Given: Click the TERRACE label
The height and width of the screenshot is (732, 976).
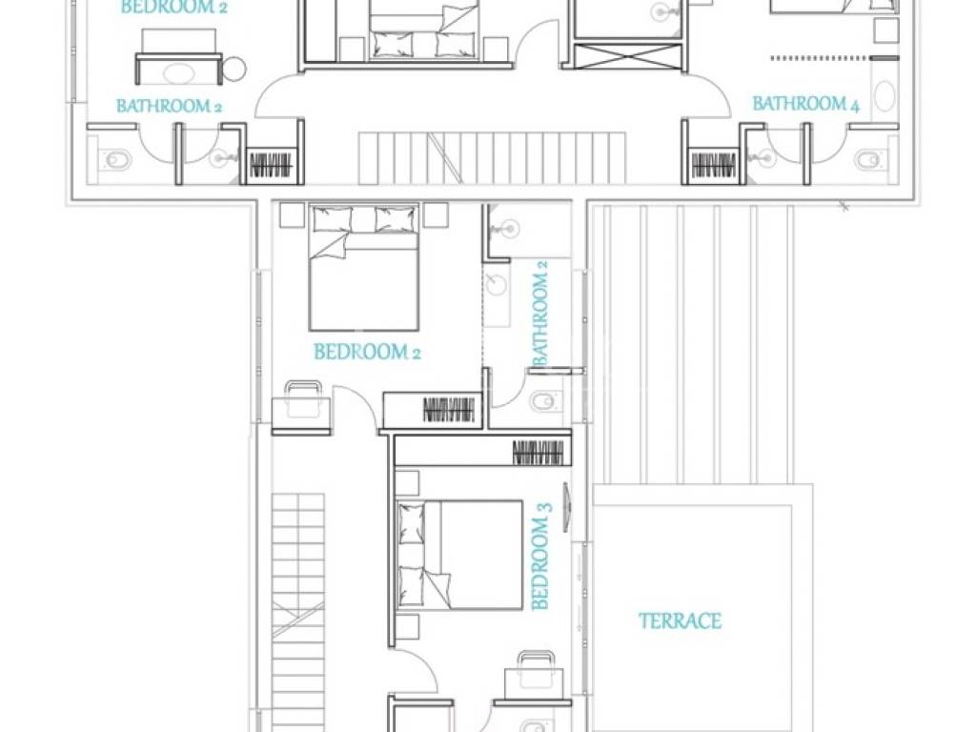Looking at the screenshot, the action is click(680, 620).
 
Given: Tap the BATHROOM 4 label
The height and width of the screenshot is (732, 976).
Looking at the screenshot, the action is click(806, 103).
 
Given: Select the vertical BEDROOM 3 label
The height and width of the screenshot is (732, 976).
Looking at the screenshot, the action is click(541, 562).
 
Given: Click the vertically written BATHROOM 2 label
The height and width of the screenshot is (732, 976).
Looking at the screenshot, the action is click(539, 313).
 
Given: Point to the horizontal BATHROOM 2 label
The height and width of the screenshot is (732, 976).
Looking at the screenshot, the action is click(169, 106).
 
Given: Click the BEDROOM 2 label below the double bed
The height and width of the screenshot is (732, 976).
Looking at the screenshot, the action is click(367, 353).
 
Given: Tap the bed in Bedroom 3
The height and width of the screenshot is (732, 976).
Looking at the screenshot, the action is click(459, 555).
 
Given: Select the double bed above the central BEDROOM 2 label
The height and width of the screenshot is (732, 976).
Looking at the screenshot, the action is click(363, 268).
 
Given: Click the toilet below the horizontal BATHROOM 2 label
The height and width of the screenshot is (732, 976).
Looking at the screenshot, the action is click(116, 160).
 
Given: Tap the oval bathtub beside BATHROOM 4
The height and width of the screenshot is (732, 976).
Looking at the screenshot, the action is click(884, 97).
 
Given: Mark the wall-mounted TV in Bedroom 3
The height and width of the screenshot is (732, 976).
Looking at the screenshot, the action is click(566, 507).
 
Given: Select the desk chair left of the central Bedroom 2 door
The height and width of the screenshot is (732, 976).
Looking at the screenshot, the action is click(302, 398).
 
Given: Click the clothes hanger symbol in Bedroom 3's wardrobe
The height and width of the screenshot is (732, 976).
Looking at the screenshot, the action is click(539, 453).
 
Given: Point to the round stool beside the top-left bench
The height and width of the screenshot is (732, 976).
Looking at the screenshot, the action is click(234, 69).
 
